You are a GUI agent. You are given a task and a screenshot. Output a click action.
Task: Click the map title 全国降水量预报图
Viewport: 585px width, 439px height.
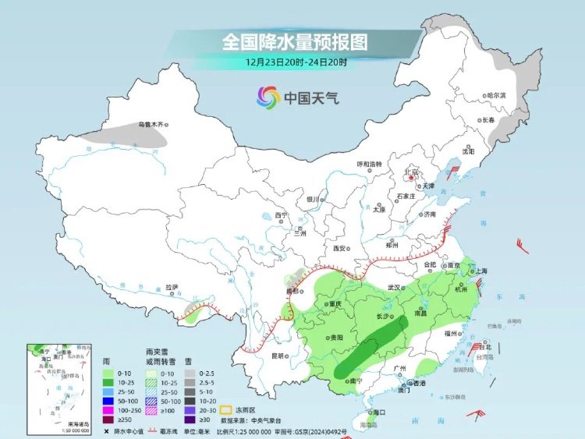click(294, 40)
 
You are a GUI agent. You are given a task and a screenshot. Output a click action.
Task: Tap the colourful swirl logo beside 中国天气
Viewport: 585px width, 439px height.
click(268, 97)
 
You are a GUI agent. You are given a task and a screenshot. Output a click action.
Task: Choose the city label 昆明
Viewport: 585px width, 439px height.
click(277, 356)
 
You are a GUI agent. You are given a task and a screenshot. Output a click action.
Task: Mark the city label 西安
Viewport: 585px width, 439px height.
click(339, 248)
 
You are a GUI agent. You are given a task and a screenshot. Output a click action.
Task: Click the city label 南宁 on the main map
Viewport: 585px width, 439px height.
click(356, 381)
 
